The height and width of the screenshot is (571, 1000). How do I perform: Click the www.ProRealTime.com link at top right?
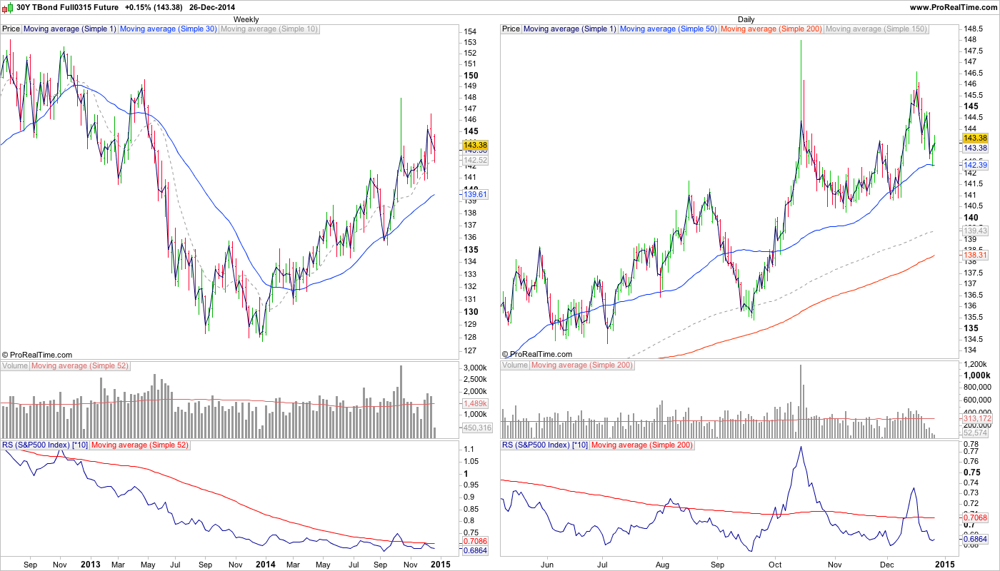click(953, 6)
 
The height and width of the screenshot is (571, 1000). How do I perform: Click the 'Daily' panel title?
click(746, 19)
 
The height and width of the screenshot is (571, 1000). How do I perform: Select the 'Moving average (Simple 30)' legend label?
click(168, 29)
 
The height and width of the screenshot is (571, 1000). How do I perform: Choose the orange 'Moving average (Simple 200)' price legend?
click(771, 29)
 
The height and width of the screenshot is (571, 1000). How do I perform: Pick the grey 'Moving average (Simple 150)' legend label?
click(876, 29)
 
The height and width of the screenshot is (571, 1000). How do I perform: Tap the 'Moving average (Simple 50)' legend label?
click(669, 29)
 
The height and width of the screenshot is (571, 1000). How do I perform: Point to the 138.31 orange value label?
click(975, 255)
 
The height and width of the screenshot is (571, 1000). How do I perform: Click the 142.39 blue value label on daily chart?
click(975, 165)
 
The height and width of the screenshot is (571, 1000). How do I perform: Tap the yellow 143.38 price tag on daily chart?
click(975, 138)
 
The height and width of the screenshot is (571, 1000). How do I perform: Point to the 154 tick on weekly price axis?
click(470, 31)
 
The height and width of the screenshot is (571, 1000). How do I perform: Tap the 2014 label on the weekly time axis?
click(266, 565)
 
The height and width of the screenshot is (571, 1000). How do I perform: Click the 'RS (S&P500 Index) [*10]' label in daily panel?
click(545, 445)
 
